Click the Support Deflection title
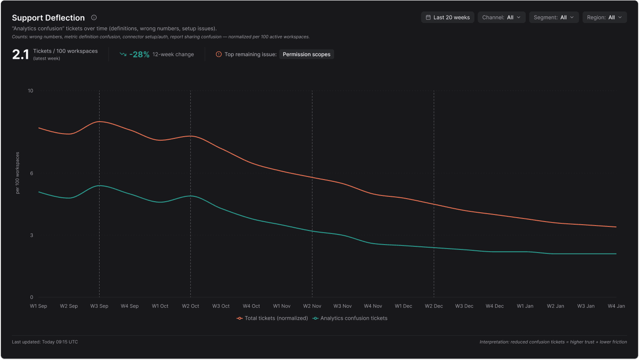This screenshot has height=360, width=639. pos(48,18)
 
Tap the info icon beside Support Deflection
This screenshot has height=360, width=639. pos(94,18)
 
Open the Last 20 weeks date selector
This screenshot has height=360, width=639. pos(447,17)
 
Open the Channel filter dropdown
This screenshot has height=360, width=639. pos(501,17)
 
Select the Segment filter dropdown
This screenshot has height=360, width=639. pos(554,17)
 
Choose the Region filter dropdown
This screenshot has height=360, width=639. pos(604,17)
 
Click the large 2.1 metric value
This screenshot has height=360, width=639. pos(20,54)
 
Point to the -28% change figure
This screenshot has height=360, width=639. pos(139,54)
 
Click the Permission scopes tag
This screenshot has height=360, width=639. pos(306,54)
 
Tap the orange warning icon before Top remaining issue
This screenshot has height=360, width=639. pos(219,54)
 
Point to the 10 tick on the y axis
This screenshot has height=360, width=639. pos(31,91)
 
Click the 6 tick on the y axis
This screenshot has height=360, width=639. pos(31,173)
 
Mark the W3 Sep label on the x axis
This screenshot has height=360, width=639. pos(99,306)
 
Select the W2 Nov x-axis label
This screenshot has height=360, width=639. pos(312,306)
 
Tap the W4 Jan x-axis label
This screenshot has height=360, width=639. pos(616,306)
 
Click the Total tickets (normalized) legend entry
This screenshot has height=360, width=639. pos(273,318)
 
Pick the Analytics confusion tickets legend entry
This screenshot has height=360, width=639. pos(350,318)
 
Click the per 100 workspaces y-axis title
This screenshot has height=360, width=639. pos(18,173)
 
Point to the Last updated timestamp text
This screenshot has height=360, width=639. pos(45,342)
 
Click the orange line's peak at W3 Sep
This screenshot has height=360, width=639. pos(99,121)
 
